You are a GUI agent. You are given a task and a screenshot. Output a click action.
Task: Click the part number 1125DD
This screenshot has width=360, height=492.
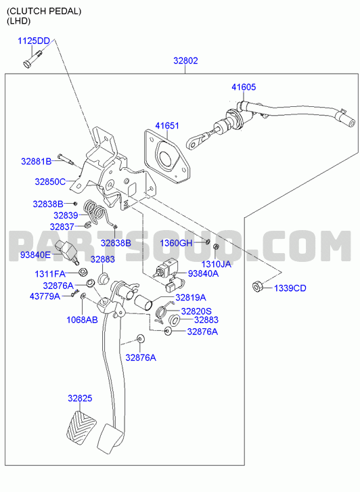pyautogui.click(x=34, y=41)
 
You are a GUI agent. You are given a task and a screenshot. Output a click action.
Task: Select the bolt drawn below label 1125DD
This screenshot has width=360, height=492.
pyautogui.click(x=32, y=59)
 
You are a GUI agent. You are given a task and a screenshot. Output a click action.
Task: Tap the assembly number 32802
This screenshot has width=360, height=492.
pyautogui.click(x=185, y=60)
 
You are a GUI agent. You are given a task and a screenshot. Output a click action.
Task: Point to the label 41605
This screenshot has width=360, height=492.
pyautogui.click(x=244, y=87)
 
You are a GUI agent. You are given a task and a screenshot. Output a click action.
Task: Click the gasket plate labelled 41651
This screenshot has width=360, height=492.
pyautogui.click(x=167, y=157)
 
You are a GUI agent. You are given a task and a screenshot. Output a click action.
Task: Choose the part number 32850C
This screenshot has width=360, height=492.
pyautogui.click(x=50, y=181)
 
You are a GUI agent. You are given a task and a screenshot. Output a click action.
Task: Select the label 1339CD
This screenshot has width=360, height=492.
pyautogui.click(x=290, y=288)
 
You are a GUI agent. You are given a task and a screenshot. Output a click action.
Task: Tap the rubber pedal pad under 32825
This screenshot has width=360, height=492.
pyautogui.click(x=81, y=427)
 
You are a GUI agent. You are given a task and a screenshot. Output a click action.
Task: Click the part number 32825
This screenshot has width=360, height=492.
pyautogui.click(x=80, y=398)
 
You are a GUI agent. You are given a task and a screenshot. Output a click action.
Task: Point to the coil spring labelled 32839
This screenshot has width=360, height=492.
pyautogui.click(x=96, y=212)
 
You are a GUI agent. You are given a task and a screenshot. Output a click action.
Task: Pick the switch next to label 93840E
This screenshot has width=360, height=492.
pyautogui.click(x=66, y=252)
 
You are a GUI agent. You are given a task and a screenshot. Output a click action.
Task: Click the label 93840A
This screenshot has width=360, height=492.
pyautogui.click(x=203, y=273)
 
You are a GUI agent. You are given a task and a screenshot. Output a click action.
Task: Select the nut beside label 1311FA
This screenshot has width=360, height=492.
pyautogui.click(x=83, y=272)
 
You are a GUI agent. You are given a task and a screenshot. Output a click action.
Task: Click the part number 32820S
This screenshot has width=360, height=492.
pyautogui.click(x=196, y=311)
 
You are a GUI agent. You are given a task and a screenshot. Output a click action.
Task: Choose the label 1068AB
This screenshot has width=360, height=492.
pyautogui.click(x=82, y=319)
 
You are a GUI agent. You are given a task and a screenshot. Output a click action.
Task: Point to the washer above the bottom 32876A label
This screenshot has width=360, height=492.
pyautogui.click(x=140, y=338)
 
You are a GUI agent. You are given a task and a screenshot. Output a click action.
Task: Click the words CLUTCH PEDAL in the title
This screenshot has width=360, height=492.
pyautogui.click(x=44, y=12)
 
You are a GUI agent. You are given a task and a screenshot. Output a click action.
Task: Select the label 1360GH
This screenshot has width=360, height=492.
pyautogui.click(x=176, y=243)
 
